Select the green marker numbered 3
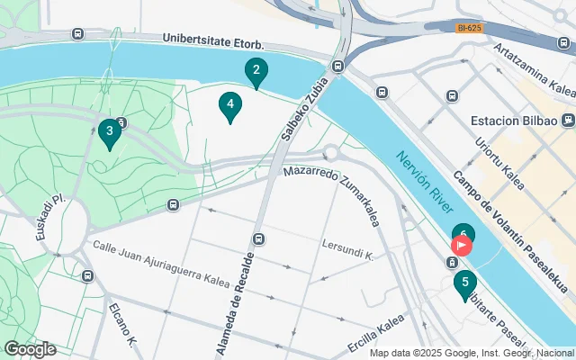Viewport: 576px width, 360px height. tap(110, 133)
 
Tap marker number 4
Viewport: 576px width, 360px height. tap(230, 107)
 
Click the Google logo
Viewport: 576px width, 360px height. tap(30, 348)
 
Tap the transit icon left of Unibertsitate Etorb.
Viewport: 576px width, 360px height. tap(77, 34)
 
